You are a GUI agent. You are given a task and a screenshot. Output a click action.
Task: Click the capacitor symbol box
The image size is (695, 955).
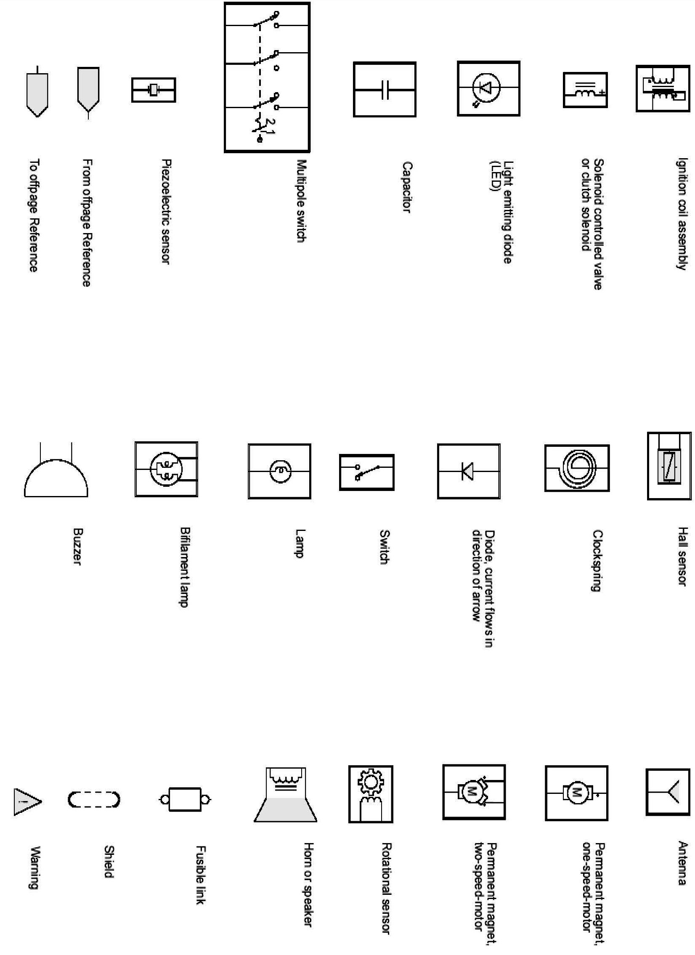385,89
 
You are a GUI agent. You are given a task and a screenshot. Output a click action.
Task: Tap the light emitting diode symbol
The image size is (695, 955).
488,88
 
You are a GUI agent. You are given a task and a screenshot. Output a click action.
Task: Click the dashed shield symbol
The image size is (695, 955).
94,800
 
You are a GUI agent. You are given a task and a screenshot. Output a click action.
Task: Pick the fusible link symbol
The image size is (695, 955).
185,799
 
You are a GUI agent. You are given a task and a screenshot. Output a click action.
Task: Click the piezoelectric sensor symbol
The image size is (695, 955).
153,90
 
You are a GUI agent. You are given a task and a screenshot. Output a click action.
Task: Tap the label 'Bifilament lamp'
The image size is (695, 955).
184,567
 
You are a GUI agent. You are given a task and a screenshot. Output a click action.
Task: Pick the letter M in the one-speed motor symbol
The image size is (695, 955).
576,793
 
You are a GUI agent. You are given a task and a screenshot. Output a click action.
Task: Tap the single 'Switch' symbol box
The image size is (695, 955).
367,472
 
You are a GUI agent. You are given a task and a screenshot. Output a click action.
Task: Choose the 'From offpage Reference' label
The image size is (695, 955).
87,223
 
